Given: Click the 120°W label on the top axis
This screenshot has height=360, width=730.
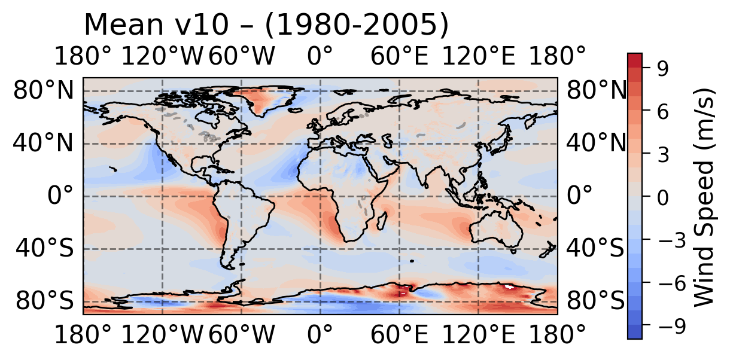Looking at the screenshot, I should tap(162, 57).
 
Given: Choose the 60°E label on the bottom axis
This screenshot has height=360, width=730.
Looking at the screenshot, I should tap(399, 335).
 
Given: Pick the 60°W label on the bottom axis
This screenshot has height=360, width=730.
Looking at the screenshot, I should tap(241, 335).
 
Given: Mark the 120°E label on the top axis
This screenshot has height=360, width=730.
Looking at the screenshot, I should tap(478, 57).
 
